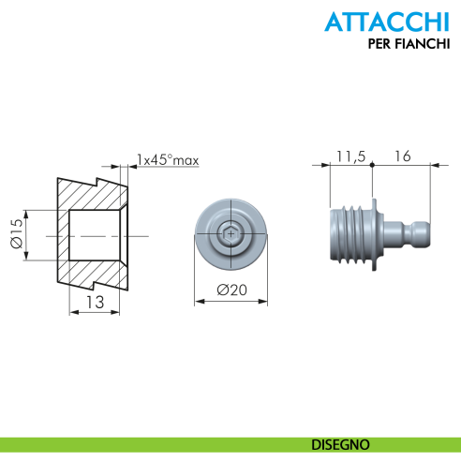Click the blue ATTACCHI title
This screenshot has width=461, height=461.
(x=387, y=22)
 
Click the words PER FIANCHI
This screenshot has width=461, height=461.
(x=409, y=44)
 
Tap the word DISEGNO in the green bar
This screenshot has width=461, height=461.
(x=340, y=445)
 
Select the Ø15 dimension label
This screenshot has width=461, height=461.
(x=17, y=233)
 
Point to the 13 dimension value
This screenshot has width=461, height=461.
(x=95, y=302)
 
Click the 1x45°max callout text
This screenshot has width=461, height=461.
(x=168, y=160)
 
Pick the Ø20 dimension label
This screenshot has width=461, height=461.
(x=231, y=290)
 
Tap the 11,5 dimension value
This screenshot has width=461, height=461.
(x=350, y=156)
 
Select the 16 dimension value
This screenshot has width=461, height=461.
(x=403, y=156)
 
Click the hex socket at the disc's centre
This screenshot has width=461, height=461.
(x=230, y=234)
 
